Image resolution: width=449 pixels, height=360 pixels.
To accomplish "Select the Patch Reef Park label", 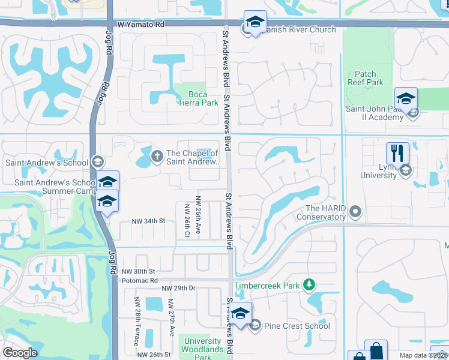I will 365,78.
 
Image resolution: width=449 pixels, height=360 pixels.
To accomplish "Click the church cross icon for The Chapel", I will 157,157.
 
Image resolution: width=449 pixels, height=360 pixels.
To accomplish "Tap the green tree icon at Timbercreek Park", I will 309,283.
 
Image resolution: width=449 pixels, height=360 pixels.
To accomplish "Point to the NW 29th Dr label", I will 179,289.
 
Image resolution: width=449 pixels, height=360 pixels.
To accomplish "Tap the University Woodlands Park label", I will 203,349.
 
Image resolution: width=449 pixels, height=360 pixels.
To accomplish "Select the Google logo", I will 20,353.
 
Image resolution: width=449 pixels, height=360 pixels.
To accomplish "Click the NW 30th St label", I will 138,271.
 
